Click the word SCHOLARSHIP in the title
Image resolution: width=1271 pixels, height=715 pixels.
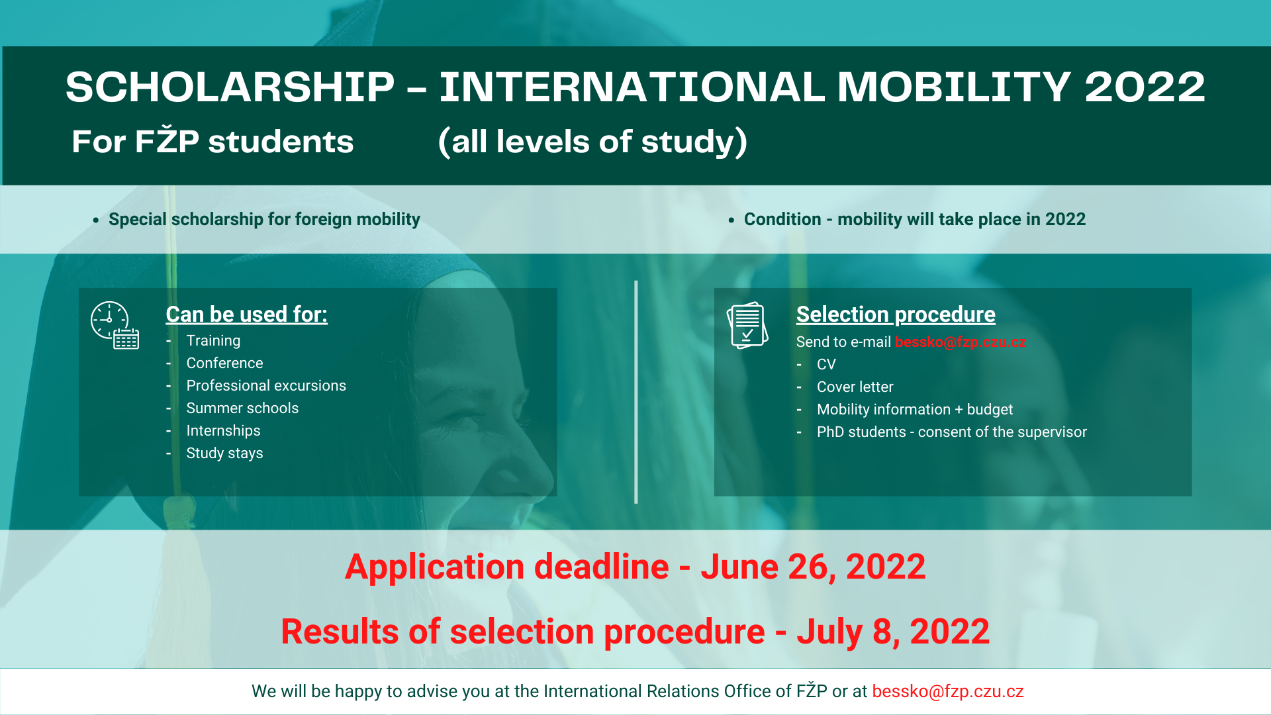click(230, 87)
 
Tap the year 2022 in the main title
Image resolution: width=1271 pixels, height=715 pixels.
click(1145, 87)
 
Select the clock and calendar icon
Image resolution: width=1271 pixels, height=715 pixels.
click(115, 325)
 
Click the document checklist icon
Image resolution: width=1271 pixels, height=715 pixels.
click(747, 325)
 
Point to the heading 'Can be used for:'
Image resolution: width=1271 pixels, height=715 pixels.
click(246, 314)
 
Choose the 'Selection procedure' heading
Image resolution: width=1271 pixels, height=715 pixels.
click(896, 314)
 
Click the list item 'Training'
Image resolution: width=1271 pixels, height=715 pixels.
click(213, 341)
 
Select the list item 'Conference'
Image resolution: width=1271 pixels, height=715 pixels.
click(224, 363)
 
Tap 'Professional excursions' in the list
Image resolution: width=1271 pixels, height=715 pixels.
click(266, 386)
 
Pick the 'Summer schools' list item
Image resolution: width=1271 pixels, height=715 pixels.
click(242, 408)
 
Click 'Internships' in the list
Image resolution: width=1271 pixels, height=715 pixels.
click(223, 431)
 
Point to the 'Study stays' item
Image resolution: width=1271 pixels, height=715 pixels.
click(224, 453)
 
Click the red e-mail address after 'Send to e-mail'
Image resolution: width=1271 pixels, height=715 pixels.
click(961, 342)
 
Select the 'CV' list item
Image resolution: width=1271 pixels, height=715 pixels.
click(826, 365)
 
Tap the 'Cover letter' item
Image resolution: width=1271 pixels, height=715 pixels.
click(855, 387)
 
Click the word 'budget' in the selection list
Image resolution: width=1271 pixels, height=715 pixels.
click(990, 410)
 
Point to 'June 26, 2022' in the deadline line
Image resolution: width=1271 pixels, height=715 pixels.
click(813, 567)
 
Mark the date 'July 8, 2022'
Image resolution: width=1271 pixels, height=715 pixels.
click(893, 632)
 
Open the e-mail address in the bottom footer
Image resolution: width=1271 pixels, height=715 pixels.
click(948, 692)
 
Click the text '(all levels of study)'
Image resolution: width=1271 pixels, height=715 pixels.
click(592, 142)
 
